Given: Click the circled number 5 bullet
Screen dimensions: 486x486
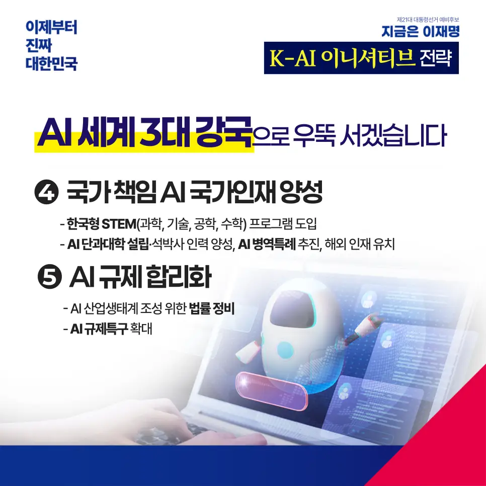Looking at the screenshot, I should pos(50,277).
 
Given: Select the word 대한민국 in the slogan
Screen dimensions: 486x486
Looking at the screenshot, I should pos(51,63).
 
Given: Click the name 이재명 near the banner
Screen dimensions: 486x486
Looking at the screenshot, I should pos(441,32).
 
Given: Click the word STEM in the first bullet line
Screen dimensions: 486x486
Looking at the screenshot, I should pos(119,223).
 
